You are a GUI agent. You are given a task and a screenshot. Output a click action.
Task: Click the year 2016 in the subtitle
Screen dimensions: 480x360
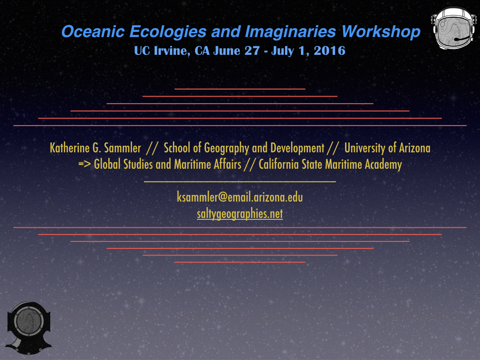click(x=330, y=51)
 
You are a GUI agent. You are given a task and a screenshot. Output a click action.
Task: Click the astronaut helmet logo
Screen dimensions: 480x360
click(x=454, y=29)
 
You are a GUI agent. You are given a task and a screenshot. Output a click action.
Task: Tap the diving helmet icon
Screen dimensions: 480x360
click(x=29, y=328)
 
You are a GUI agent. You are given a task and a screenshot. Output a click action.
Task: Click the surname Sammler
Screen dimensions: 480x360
click(x=122, y=148)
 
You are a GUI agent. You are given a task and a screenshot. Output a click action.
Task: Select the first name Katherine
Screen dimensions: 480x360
click(x=69, y=148)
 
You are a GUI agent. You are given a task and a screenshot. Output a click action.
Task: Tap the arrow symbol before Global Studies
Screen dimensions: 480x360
click(x=84, y=165)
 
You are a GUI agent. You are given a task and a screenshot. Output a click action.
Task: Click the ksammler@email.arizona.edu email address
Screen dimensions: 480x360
click(x=240, y=197)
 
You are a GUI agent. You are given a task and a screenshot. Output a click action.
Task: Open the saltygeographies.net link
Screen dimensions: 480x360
click(x=240, y=214)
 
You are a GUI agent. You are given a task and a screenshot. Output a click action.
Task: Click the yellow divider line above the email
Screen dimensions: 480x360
click(x=240, y=181)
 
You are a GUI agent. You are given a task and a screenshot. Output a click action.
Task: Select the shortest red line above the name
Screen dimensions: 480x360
click(x=240, y=89)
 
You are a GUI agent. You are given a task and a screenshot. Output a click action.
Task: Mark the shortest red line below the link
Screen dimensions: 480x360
click(x=240, y=262)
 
